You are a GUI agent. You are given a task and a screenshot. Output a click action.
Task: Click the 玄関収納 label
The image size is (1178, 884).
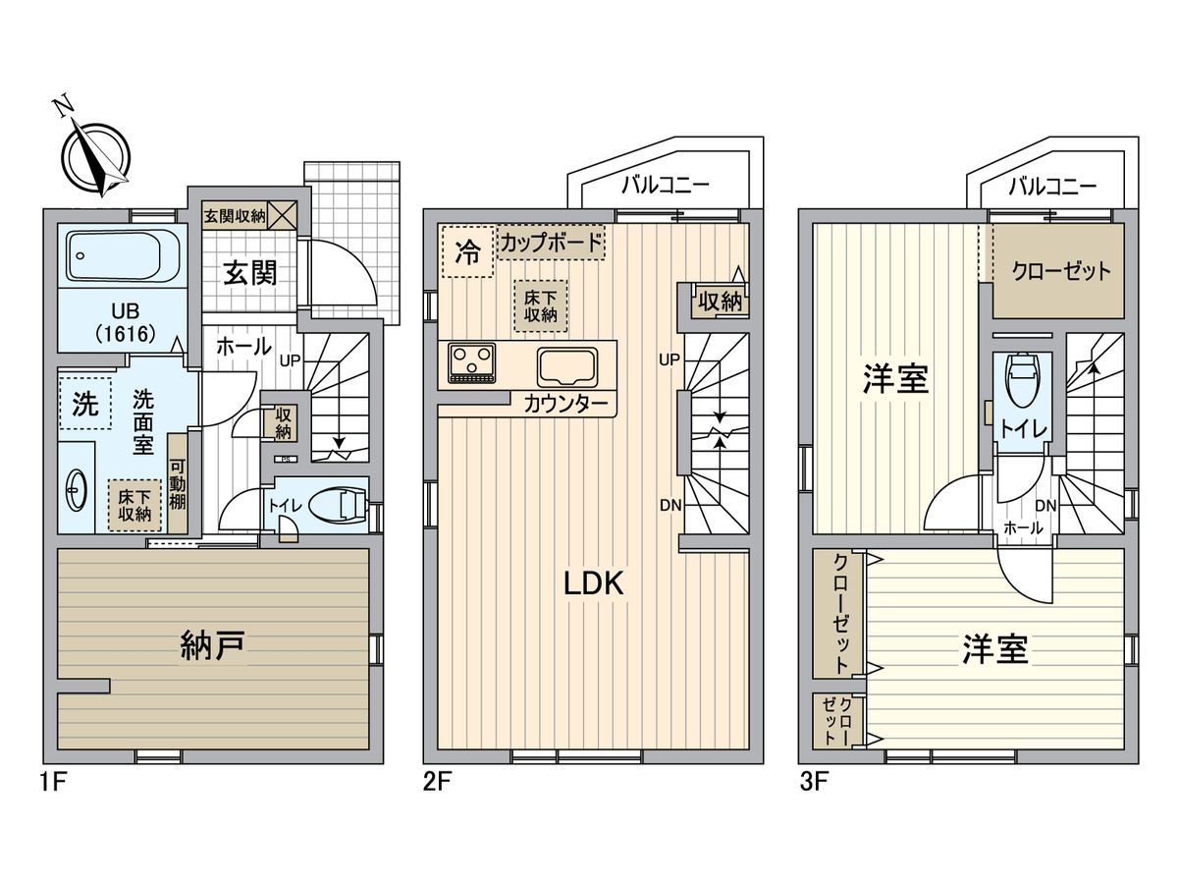235,215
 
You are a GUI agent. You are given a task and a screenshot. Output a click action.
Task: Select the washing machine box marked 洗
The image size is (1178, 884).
85,406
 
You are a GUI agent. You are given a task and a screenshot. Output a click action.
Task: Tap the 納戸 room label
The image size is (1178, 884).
212,646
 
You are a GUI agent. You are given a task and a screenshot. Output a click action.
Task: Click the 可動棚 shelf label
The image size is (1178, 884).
178,484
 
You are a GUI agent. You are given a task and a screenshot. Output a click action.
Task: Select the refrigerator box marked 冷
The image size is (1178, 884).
467,252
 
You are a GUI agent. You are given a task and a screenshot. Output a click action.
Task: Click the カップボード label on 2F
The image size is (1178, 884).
551,242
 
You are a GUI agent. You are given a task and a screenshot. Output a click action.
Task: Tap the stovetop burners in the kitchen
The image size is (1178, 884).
473,362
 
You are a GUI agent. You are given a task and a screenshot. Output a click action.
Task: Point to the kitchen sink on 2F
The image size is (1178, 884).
566,366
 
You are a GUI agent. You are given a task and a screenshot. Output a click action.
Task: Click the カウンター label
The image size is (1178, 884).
563,404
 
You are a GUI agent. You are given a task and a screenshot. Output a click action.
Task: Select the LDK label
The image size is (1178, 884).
593,582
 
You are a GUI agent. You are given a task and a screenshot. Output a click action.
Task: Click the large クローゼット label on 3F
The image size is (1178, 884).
1062,270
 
